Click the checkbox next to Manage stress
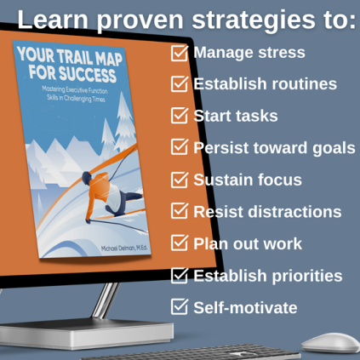[180, 53]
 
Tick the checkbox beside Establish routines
[180, 84]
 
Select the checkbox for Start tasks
[180, 116]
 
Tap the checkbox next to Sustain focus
[180, 180]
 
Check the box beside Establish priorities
[180, 276]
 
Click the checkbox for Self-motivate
[180, 306]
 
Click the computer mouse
[330, 343]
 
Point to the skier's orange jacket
[100, 189]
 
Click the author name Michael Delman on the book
[124, 248]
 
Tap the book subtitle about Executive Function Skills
[75, 94]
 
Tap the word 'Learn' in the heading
[53, 19]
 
